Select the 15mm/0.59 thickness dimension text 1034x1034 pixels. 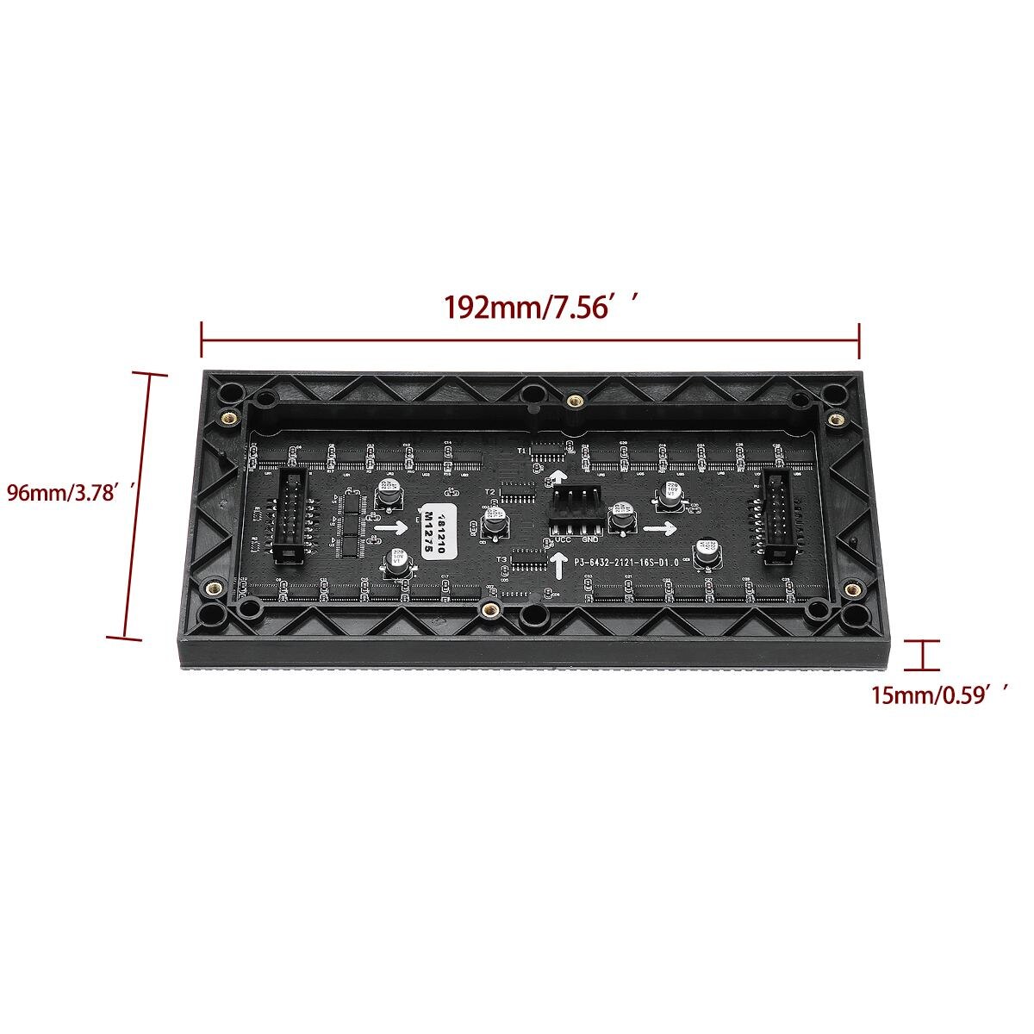click(939, 695)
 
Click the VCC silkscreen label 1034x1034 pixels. click(563, 540)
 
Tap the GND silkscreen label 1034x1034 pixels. click(590, 540)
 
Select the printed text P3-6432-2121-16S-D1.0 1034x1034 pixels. click(627, 562)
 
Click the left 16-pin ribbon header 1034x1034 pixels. click(286, 516)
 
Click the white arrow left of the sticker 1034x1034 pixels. click(392, 525)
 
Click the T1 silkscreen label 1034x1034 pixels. click(521, 451)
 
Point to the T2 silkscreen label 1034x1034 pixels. click(489, 490)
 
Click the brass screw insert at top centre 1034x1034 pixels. click(573, 400)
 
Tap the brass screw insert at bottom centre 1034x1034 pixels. click(490, 610)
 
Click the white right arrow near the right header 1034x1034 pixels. click(662, 526)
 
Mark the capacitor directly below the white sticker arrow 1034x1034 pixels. click(396, 560)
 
